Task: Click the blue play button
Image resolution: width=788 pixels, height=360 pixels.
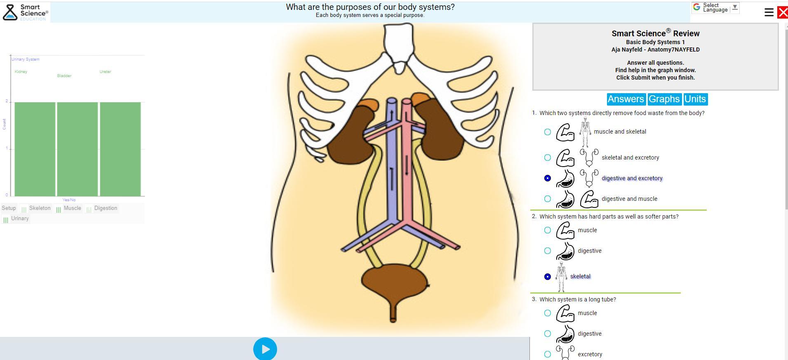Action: click(x=265, y=349)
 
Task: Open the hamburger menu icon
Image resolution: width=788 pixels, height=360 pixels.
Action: click(x=769, y=12)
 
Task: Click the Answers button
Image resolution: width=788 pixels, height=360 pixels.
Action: click(x=626, y=99)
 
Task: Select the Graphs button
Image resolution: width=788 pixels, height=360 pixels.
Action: click(x=664, y=99)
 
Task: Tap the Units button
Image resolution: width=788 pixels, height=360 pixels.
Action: click(x=695, y=99)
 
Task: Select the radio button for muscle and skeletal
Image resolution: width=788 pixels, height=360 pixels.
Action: click(x=547, y=132)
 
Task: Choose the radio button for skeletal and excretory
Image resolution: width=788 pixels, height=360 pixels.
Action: click(x=547, y=158)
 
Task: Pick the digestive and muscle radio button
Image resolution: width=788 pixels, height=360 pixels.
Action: click(x=547, y=199)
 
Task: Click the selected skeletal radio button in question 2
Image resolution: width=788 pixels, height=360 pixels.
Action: click(x=547, y=277)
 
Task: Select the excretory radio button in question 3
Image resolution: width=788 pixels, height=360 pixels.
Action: click(x=547, y=354)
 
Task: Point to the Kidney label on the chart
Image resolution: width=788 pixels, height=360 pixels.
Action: click(x=21, y=72)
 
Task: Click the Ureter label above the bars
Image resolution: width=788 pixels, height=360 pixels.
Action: click(x=105, y=72)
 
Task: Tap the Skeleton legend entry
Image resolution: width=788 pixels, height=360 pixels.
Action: click(x=40, y=208)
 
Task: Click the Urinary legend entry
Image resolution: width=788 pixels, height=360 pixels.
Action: click(x=19, y=219)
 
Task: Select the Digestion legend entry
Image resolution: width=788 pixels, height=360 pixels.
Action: click(x=106, y=208)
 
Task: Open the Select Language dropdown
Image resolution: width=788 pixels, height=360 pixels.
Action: click(x=715, y=8)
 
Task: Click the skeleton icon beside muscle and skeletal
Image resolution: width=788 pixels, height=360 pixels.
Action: click(x=585, y=132)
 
